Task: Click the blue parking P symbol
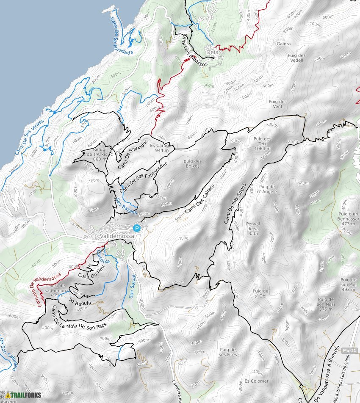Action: click(x=136, y=228)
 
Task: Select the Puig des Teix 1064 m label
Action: click(x=262, y=144)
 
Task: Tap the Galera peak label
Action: click(x=283, y=44)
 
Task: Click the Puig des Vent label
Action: click(x=277, y=104)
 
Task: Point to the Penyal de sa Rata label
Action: click(x=253, y=229)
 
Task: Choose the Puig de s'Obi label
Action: click(x=260, y=293)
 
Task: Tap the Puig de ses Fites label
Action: click(x=227, y=352)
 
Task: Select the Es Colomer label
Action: click(x=256, y=381)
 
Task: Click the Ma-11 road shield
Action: click(x=350, y=351)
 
